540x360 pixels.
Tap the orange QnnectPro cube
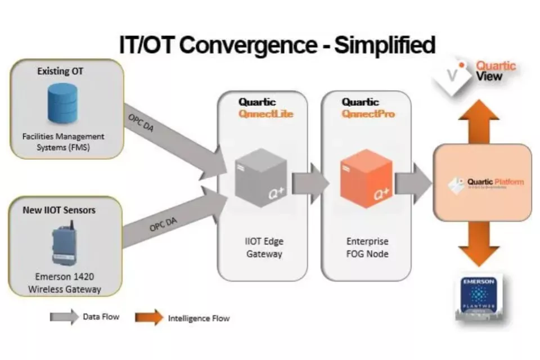[x=366, y=178]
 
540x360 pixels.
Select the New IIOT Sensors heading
[x=58, y=210]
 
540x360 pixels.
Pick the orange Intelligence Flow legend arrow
[x=148, y=318]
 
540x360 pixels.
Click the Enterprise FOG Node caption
[x=367, y=247]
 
